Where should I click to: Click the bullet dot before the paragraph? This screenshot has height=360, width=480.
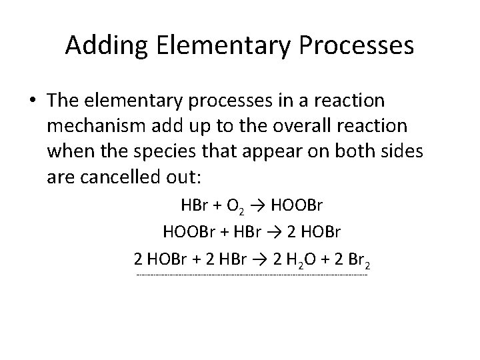(x=32, y=100)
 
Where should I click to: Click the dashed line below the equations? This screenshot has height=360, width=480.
(x=251, y=275)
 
